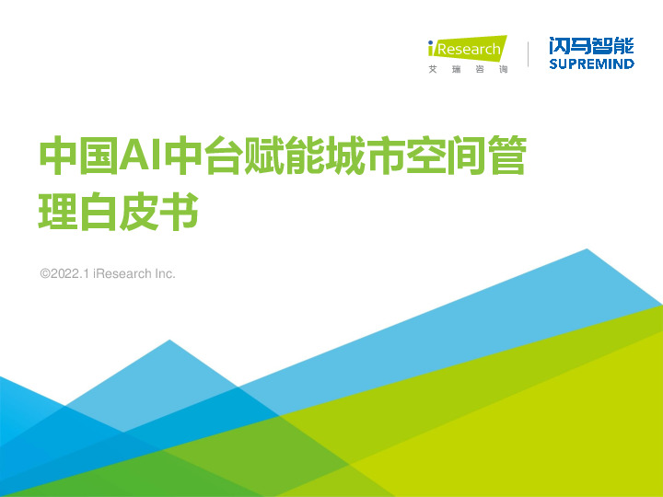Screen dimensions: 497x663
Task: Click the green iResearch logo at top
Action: point(467,48)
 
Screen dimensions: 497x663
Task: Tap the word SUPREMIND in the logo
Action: point(591,64)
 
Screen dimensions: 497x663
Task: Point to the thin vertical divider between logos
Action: point(529,53)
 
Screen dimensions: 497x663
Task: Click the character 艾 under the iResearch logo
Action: point(433,70)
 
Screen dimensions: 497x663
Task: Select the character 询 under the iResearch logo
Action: point(502,70)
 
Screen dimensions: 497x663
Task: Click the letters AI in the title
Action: point(140,158)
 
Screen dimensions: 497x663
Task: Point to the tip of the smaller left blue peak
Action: point(169,341)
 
